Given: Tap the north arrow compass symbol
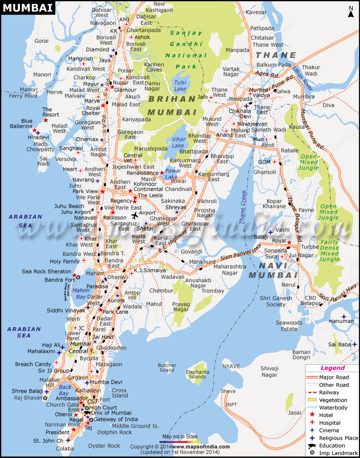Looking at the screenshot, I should pyautogui.click(x=351, y=12).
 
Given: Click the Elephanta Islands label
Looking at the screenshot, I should pyautogui.click(x=197, y=374).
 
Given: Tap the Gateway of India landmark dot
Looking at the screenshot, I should pyautogui.click(x=91, y=420).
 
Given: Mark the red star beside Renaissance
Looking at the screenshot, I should pyautogui.click(x=162, y=172).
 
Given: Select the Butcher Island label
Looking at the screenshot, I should pyautogui.click(x=167, y=367).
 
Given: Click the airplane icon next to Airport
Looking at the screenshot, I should pyautogui.click(x=134, y=213).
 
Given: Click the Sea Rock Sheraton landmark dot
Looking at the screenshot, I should pyautogui.click(x=77, y=277).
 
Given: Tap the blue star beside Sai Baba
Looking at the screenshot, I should pyautogui.click(x=355, y=345).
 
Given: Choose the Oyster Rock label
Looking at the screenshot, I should pyautogui.click(x=104, y=446).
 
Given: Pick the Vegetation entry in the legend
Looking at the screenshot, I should pyautogui.click(x=333, y=400).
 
